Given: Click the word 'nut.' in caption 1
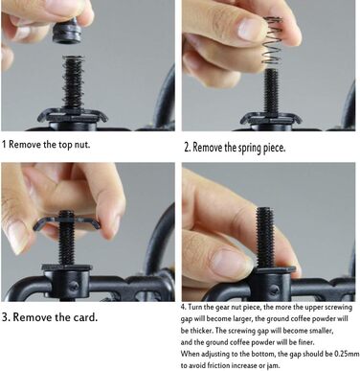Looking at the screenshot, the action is click(x=82, y=145).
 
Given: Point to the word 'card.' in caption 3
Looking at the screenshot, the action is click(x=85, y=317).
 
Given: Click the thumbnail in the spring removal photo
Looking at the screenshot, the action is click(x=249, y=29).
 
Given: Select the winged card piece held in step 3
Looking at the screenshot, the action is click(x=66, y=221).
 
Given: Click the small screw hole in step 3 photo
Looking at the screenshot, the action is click(x=74, y=286).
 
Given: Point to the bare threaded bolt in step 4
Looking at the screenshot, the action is click(x=265, y=238).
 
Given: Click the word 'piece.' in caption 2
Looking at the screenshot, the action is click(x=275, y=149).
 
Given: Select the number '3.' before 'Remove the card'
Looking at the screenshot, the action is click(x=6, y=317).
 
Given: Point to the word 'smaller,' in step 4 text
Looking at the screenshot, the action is click(x=320, y=331).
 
